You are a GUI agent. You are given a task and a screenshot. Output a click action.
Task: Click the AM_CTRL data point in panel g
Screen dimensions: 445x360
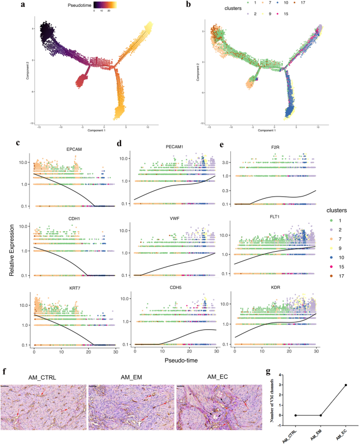(x=296, y=415)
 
